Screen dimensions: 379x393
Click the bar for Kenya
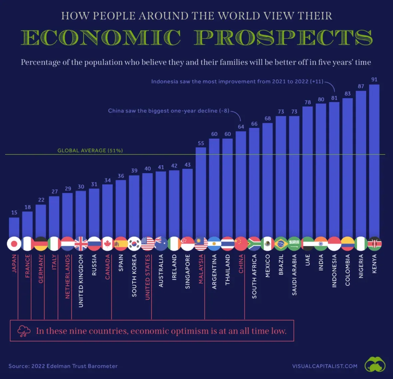coord(374,160)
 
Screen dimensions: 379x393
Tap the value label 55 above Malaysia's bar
coord(201,143)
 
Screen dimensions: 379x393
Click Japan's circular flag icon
coord(14,244)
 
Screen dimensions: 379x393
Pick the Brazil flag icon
coord(281,244)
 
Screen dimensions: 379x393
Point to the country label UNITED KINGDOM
coord(81,280)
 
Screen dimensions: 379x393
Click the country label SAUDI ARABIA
coord(294,275)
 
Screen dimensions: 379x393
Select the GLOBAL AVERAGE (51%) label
coord(90,151)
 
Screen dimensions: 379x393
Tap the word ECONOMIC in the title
coord(101,37)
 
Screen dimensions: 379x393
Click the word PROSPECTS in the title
coord(283,37)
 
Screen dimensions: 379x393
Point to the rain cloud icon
coord(24,331)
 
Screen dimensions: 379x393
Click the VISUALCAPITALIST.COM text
coord(325,366)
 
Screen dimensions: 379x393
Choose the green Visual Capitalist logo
coord(375,365)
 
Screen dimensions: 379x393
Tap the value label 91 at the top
coord(374,80)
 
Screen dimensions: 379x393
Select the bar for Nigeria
coord(361,163)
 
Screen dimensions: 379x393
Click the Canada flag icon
coord(108,244)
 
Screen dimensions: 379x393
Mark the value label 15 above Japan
coord(14,212)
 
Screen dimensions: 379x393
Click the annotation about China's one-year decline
coord(169,111)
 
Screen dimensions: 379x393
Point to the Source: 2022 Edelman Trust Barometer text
coord(63,366)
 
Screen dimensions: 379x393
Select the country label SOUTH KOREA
coord(134,275)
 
